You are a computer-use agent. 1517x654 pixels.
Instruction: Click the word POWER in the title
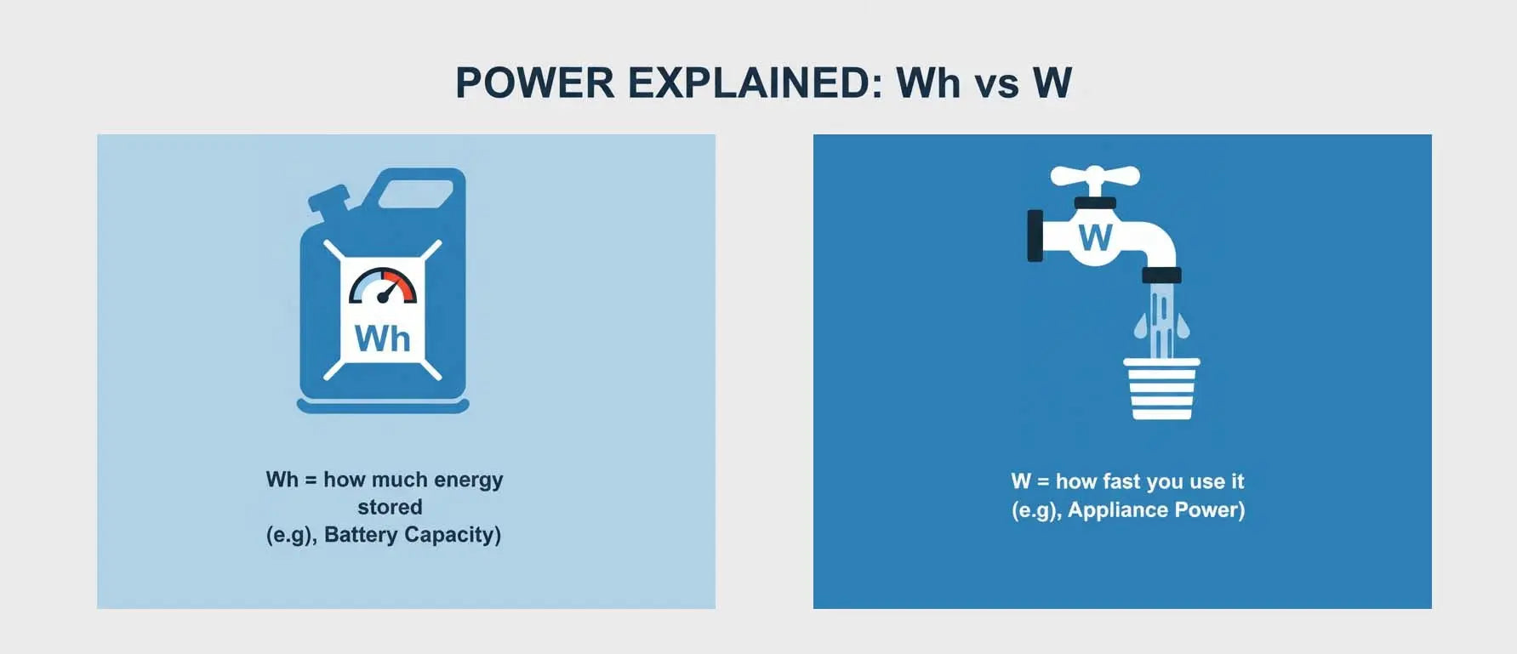click(534, 83)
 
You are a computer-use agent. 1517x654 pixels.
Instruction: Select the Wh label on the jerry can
click(383, 338)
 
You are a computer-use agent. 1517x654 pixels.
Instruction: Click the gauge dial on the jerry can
click(383, 287)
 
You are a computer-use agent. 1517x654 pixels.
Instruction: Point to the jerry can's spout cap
click(328, 200)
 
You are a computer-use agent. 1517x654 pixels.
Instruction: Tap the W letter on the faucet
click(1095, 238)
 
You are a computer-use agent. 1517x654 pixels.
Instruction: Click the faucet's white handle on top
click(1095, 177)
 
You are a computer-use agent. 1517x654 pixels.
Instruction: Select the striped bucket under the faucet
click(1161, 389)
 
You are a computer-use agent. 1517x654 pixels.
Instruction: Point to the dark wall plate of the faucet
click(1035, 236)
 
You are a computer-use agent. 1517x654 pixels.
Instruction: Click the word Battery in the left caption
click(361, 535)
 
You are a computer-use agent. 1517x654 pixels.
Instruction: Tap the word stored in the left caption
click(390, 507)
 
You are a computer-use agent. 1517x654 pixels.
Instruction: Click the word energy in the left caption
click(468, 481)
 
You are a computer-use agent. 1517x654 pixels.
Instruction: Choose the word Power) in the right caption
click(1210, 510)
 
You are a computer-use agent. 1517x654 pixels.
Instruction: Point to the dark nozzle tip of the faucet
click(1161, 275)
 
